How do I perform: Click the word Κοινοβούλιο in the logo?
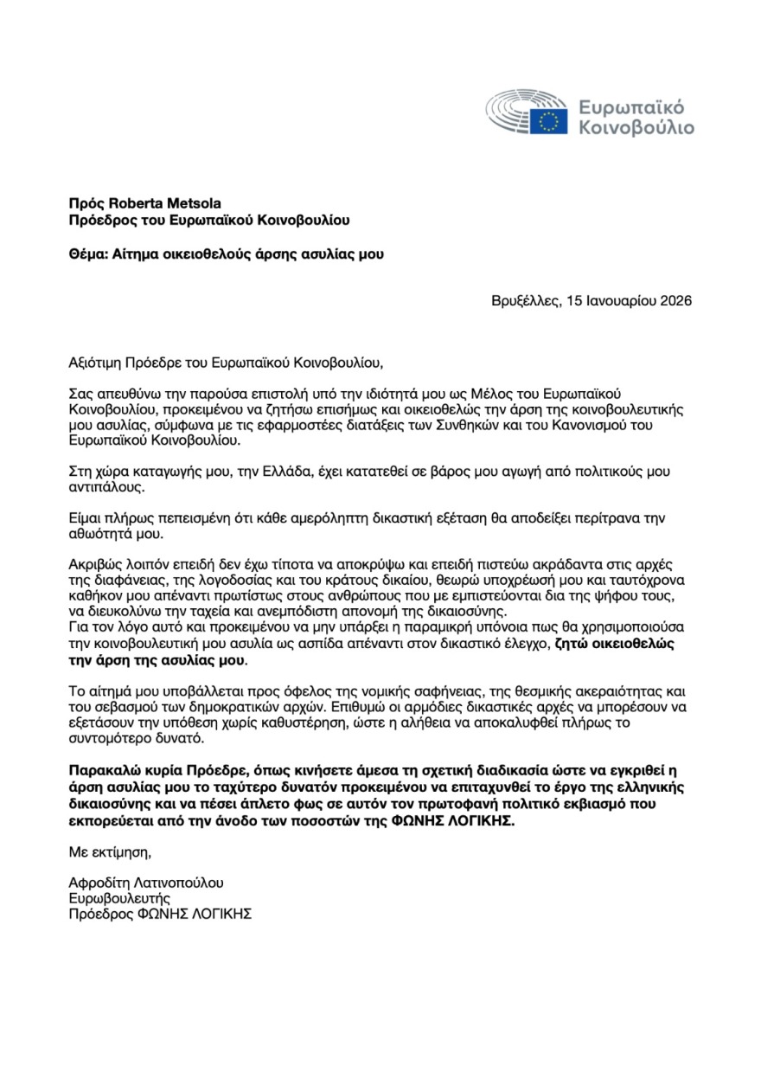(x=636, y=130)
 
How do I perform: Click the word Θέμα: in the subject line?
(x=88, y=254)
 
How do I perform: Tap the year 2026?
(x=675, y=301)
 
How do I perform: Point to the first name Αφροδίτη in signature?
(x=99, y=883)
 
